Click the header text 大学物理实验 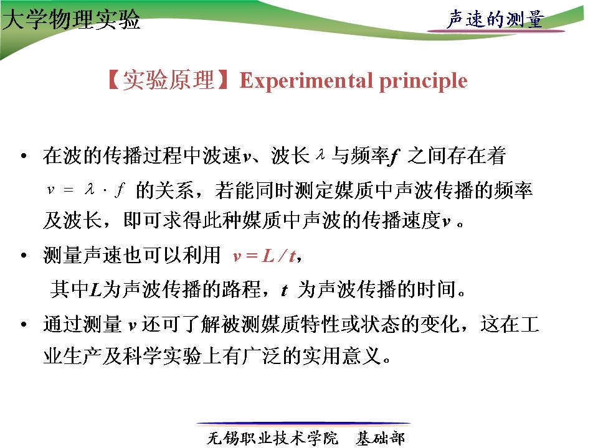(71, 20)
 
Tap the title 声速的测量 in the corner (495, 19)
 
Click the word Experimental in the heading (306, 80)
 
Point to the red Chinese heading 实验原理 (168, 80)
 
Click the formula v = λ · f (85, 189)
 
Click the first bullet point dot (24, 156)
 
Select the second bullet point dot (24, 255)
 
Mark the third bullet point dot (24, 325)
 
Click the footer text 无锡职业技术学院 (272, 438)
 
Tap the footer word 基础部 (380, 438)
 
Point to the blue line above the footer (303, 423)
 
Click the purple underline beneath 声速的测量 (496, 30)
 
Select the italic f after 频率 (394, 157)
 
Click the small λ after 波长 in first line (320, 154)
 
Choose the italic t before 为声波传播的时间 (284, 291)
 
